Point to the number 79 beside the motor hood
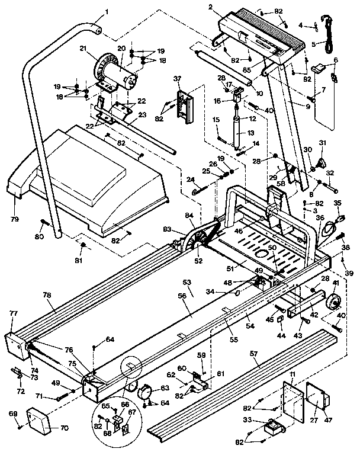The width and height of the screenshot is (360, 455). click(x=14, y=220)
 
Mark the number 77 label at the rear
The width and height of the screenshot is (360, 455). click(x=12, y=313)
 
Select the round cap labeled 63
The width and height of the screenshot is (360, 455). click(x=144, y=392)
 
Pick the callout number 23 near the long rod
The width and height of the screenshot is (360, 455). click(x=142, y=116)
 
